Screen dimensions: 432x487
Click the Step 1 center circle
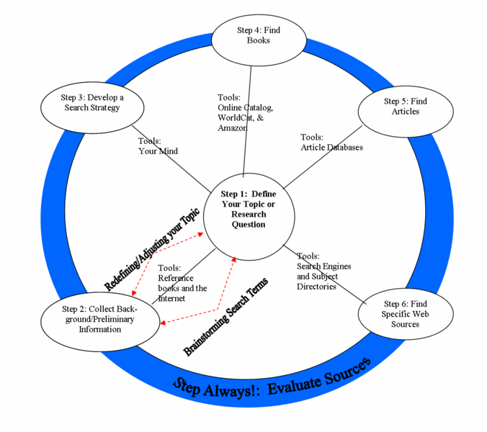(248, 209)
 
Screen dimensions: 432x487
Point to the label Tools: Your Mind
(158, 146)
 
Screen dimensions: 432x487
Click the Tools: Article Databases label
(331, 143)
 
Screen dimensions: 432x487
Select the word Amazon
(232, 127)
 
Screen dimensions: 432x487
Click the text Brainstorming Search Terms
(225, 318)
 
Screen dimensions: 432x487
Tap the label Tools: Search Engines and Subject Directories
(323, 271)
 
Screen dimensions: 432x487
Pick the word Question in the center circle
(249, 224)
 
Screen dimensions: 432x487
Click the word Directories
(316, 287)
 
